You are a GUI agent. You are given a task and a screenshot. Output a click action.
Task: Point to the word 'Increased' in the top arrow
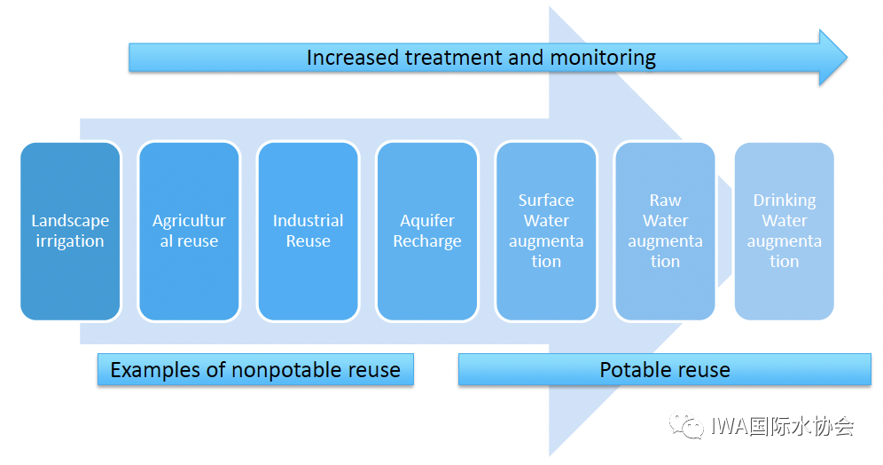353,59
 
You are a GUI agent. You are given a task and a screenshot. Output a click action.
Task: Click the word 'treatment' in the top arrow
453,59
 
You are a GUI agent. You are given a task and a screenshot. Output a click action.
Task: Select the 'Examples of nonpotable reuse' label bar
255,370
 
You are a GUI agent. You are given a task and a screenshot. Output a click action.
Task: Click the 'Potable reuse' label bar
665,370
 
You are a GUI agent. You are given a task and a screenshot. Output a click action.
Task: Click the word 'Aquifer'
426,221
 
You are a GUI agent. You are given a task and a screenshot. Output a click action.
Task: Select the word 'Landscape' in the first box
70,221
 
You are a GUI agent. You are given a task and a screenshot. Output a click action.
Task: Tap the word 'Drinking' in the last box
784,201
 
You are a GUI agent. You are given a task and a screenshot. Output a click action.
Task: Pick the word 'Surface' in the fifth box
546,201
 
